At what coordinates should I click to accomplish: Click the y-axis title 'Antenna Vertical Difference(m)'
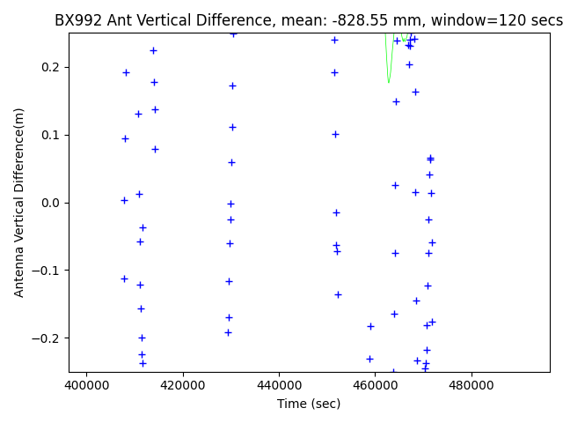point(19,202)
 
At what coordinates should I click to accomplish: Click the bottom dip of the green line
point(389,83)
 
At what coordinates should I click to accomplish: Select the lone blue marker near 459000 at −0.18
point(370,326)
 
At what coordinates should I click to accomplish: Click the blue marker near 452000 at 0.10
point(335,134)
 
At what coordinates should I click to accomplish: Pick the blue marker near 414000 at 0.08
point(155,149)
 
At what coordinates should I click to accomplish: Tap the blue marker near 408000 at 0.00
point(124,200)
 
